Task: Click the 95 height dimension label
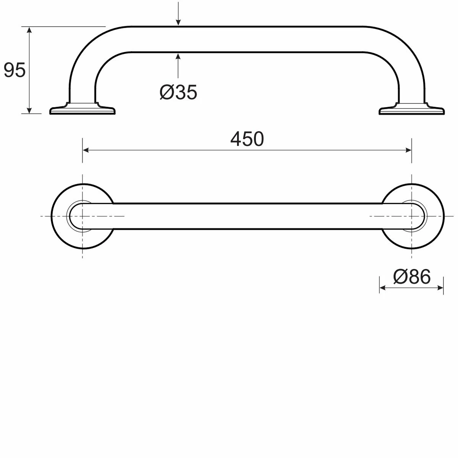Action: (15, 71)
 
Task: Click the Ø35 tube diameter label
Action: (178, 92)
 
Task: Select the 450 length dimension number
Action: (247, 139)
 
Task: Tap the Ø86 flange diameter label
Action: (411, 276)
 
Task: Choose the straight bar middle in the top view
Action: (247, 216)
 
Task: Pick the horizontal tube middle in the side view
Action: (247, 39)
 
